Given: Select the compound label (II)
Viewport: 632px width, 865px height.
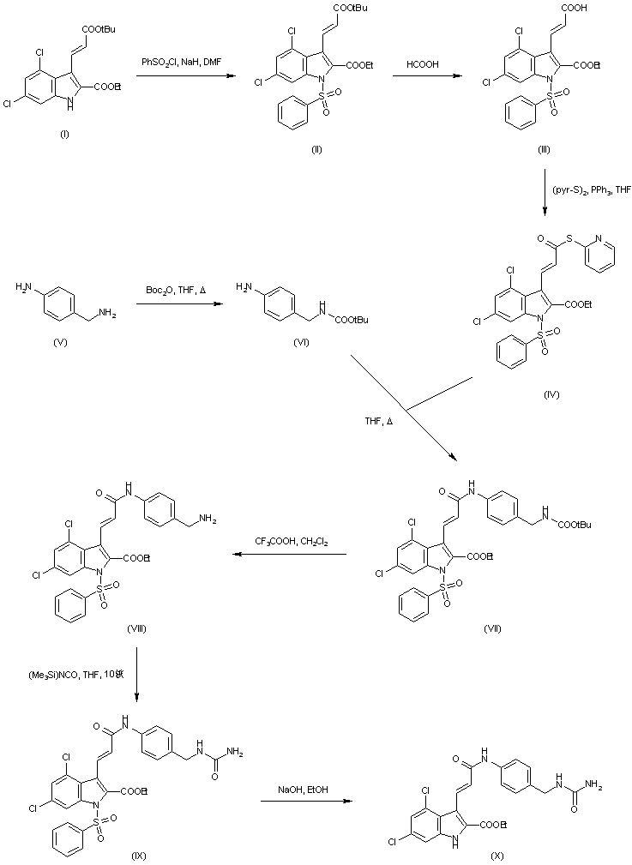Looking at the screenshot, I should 316,149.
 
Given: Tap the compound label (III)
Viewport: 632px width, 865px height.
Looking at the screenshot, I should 543,149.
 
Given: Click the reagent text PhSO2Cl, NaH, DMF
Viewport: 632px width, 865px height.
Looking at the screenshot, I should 181,62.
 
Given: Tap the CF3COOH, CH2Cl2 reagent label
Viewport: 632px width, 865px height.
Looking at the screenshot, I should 290,542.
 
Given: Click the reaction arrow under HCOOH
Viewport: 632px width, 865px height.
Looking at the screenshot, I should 424,77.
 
